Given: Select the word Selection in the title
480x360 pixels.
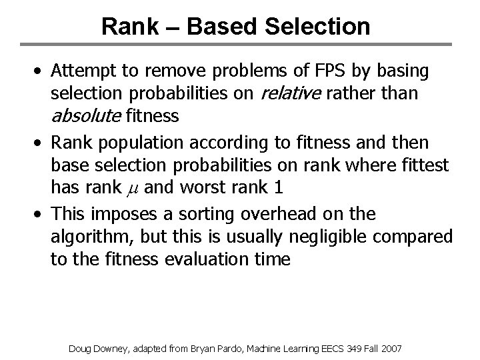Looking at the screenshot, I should coord(315,27).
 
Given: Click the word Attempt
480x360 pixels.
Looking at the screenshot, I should coord(85,71).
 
